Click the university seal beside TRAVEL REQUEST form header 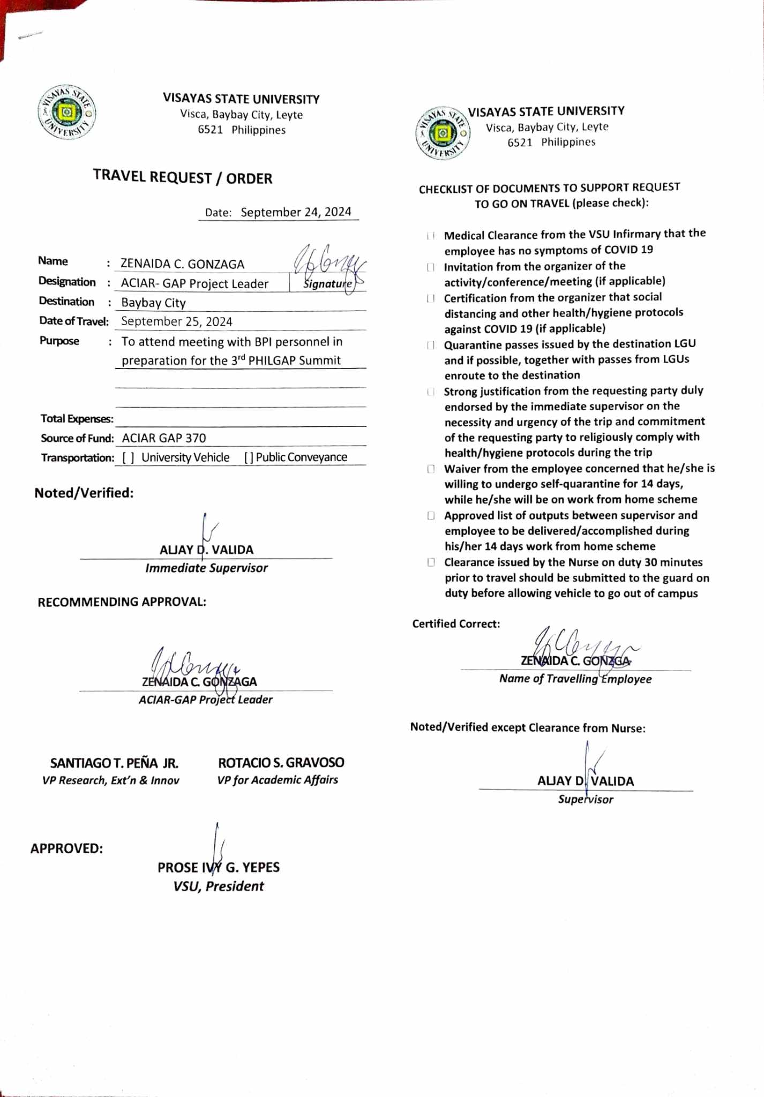pyautogui.click(x=67, y=112)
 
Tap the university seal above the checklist pyautogui.click(x=443, y=133)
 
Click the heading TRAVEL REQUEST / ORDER pyautogui.click(x=183, y=177)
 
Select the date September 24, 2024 pyautogui.click(x=296, y=212)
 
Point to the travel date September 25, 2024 pyautogui.click(x=177, y=321)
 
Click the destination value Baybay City pyautogui.click(x=153, y=303)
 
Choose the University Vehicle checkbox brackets pyautogui.click(x=128, y=457)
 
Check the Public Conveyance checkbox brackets pyautogui.click(x=249, y=457)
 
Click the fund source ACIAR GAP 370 pyautogui.click(x=163, y=438)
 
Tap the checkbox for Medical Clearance pyautogui.click(x=430, y=236)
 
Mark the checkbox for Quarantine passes pyautogui.click(x=430, y=345)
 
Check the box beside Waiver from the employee pyautogui.click(x=430, y=469)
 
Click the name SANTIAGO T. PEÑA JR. pyautogui.click(x=114, y=763)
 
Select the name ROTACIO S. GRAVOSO pyautogui.click(x=281, y=762)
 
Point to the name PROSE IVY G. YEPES pyautogui.click(x=219, y=867)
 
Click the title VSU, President pyautogui.click(x=219, y=886)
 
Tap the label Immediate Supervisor pyautogui.click(x=206, y=568)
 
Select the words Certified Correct pyautogui.click(x=456, y=624)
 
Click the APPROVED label pyautogui.click(x=66, y=848)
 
